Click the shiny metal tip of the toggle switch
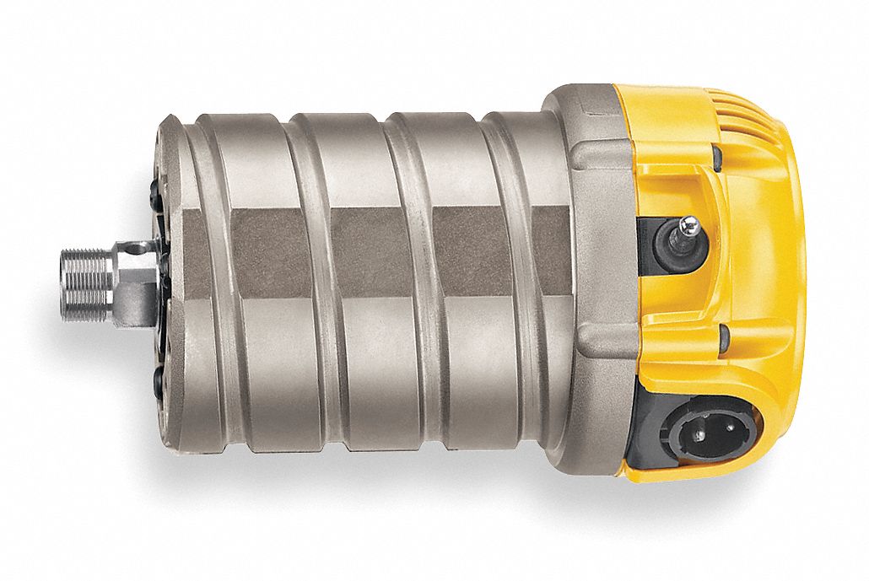pyautogui.click(x=689, y=223)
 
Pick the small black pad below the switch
pyautogui.click(x=723, y=338)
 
